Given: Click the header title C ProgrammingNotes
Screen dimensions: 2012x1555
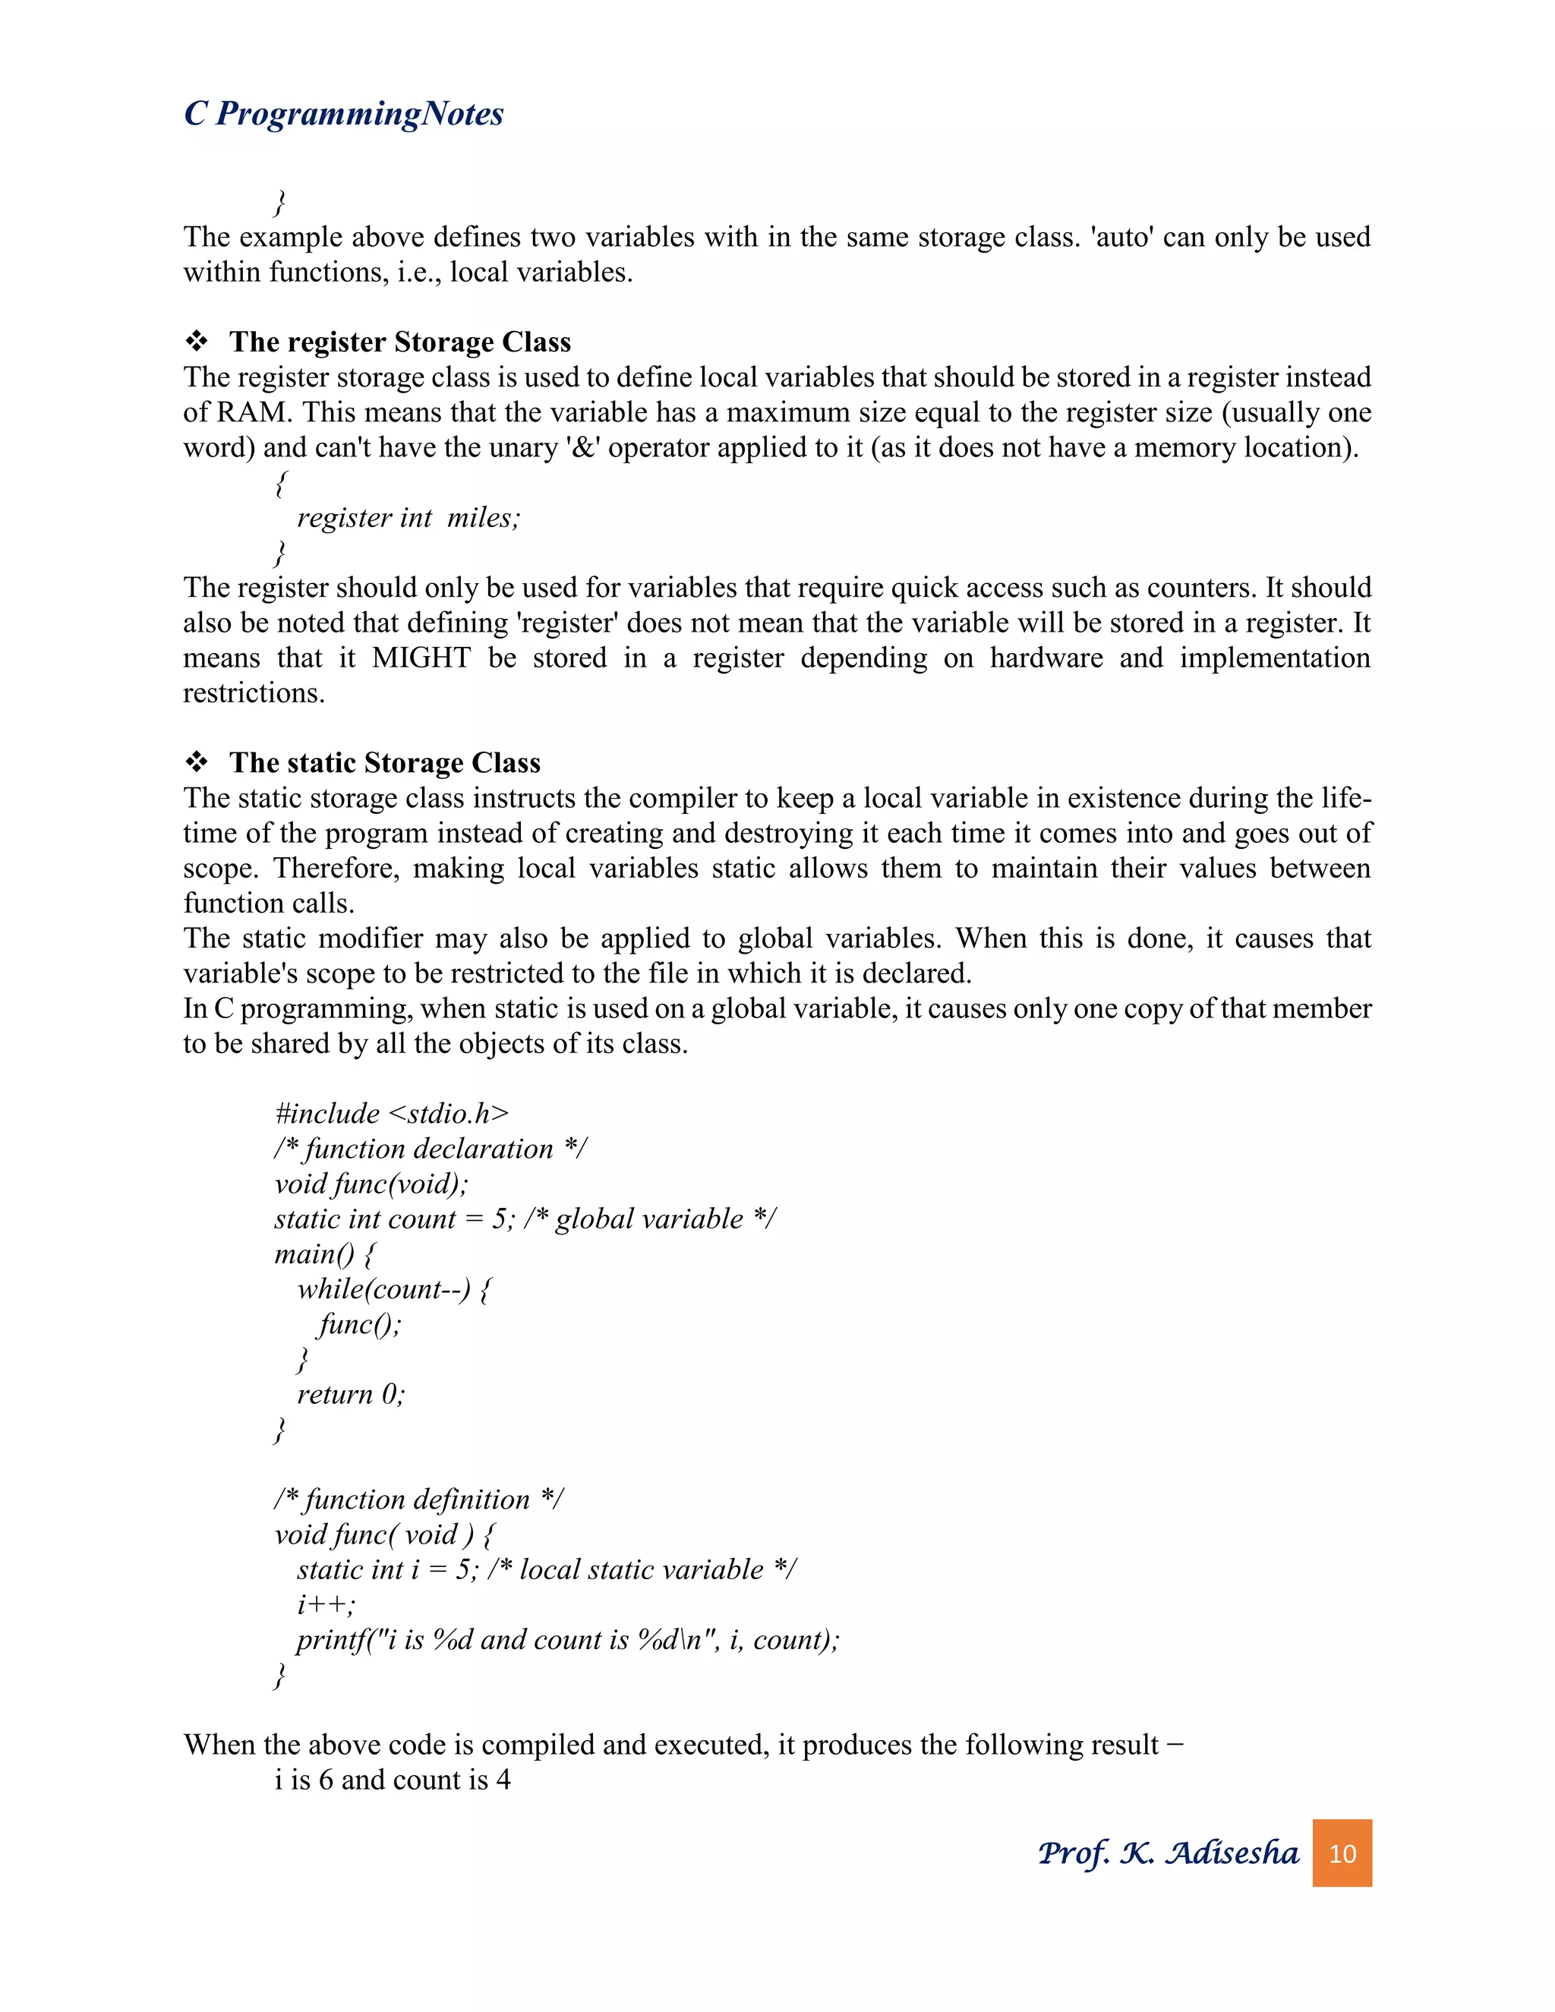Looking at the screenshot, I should (x=344, y=114).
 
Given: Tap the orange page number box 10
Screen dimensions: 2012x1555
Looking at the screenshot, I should (x=1342, y=1853).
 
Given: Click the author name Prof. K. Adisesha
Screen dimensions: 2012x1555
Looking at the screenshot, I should (x=1167, y=1853).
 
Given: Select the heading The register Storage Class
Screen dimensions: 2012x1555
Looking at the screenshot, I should (x=400, y=342).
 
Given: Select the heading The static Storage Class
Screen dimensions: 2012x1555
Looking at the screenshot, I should (x=384, y=763).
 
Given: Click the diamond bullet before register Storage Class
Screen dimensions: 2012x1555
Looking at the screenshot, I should (x=196, y=342).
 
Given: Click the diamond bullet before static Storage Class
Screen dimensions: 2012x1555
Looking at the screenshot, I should (x=196, y=763).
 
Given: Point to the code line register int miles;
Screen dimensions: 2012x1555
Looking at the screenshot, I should (x=408, y=518).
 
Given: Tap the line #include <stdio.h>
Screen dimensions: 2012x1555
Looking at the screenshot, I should (x=392, y=1114).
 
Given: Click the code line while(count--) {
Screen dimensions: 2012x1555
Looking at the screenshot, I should (x=394, y=1289).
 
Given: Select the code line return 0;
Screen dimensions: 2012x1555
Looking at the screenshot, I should (x=350, y=1395).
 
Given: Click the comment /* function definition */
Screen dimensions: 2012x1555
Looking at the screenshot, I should (x=419, y=1500).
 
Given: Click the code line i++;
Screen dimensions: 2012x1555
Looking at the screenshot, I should (x=326, y=1605).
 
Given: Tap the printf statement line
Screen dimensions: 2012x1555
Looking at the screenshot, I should (x=567, y=1640).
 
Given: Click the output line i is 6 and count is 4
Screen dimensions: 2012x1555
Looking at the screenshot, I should (x=393, y=1780).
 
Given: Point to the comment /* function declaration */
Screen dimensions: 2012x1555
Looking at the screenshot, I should (x=431, y=1149).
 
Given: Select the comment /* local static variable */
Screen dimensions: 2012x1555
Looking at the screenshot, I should (x=642, y=1570).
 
